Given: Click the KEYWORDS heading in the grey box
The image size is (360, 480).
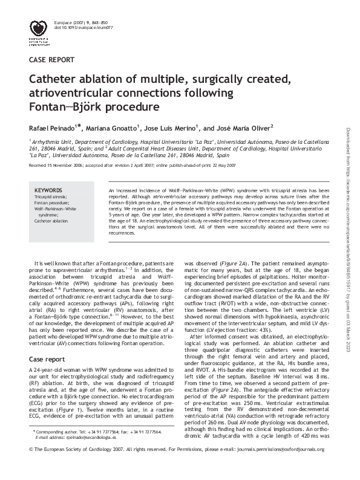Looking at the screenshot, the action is pos(48,190).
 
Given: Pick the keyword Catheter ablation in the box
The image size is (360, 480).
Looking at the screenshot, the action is pos(52,221).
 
